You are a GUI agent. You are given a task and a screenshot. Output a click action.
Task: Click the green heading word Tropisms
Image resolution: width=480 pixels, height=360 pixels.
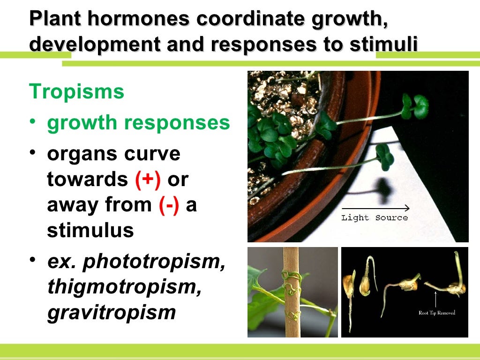point(76,92)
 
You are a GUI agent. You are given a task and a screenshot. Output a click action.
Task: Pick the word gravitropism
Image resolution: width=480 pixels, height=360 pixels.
point(111,312)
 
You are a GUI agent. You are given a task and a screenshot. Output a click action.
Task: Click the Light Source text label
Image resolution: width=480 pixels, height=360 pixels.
point(375,217)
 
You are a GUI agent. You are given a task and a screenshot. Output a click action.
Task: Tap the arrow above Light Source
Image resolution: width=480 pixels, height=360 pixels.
point(375,208)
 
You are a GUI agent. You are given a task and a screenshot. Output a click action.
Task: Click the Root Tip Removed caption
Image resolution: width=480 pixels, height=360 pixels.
point(436,313)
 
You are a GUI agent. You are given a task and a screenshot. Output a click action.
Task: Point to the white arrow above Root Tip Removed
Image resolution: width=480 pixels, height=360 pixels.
point(436,298)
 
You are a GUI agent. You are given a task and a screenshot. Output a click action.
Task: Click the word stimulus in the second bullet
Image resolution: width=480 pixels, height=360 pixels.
point(90,231)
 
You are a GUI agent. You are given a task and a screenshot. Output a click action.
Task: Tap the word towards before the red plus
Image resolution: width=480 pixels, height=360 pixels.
point(87,180)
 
